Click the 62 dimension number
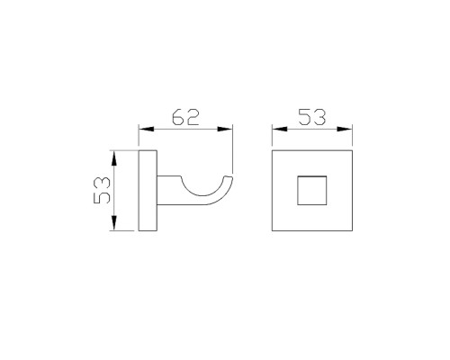(x=185, y=117)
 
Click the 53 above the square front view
(x=312, y=117)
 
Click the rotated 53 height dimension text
(x=102, y=190)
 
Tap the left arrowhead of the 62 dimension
(x=147, y=129)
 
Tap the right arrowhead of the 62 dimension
(x=225, y=129)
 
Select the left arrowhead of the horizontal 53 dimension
(x=280, y=129)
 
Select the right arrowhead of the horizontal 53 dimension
(x=345, y=129)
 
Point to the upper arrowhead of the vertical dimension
(x=113, y=157)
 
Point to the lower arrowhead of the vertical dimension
(x=113, y=223)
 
